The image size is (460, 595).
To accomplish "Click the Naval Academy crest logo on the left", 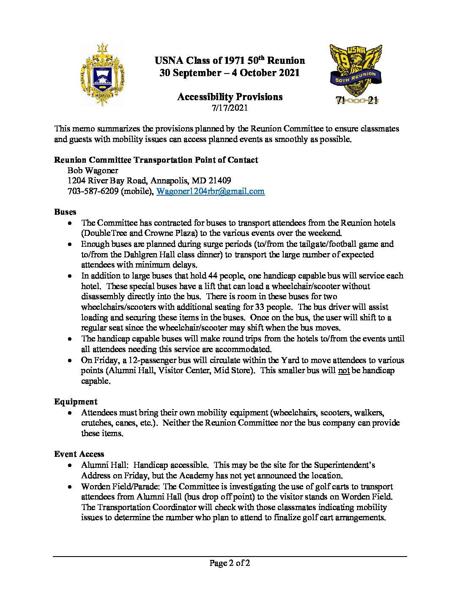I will click(x=102, y=74).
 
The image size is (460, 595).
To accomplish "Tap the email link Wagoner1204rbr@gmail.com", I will click(x=210, y=191).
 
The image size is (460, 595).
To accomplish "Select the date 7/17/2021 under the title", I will click(x=230, y=108).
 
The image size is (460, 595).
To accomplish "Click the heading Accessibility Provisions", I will click(x=230, y=97).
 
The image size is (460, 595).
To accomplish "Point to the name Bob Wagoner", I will click(x=93, y=170).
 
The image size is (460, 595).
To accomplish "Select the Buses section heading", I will click(x=65, y=212).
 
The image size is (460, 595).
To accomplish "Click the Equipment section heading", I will click(x=76, y=401).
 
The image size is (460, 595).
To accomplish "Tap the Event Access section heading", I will click(x=79, y=454).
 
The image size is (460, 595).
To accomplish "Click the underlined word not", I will click(x=344, y=371).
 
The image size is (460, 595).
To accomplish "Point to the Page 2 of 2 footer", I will click(x=230, y=563).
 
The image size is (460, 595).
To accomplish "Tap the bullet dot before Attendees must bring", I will click(x=70, y=413).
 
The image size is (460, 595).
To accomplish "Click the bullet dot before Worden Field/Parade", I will click(x=70, y=487).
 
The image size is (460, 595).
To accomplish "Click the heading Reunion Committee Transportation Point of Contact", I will click(x=156, y=160).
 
